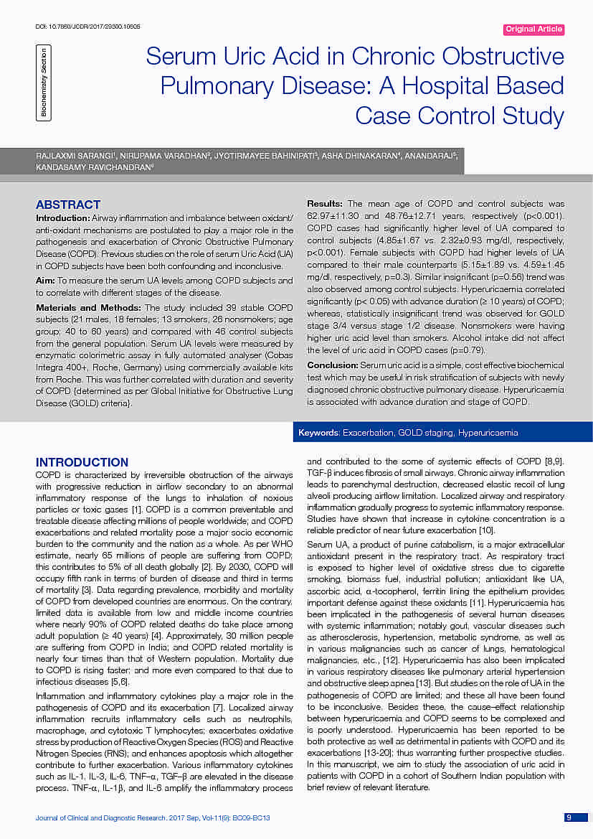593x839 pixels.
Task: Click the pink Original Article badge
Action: click(534, 29)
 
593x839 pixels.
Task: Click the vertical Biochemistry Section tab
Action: click(44, 83)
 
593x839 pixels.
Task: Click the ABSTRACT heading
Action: click(68, 205)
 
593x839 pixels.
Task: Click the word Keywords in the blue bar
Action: click(319, 433)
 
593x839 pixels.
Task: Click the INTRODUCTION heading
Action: click(82, 462)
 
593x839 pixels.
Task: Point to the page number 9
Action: click(568, 817)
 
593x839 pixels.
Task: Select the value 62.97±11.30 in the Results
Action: click(332, 215)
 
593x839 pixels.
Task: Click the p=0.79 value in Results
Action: click(469, 350)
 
